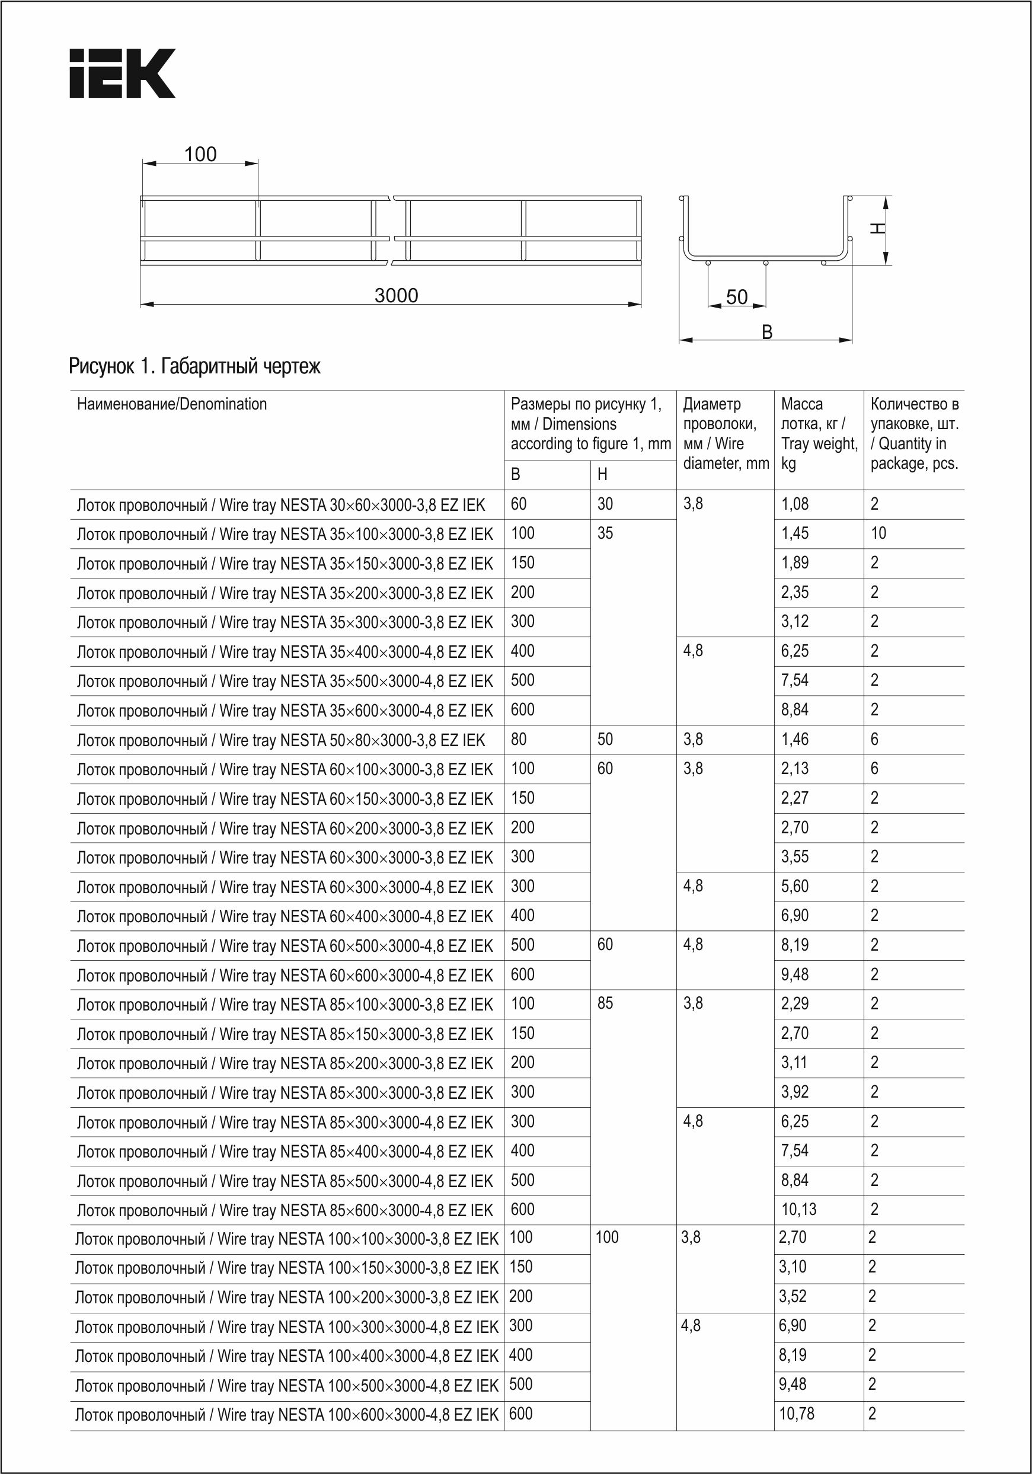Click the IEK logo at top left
coord(122,73)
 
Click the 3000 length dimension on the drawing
coord(396,295)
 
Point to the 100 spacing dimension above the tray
coord(200,154)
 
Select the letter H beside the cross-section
coord(877,228)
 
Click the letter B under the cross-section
coord(767,332)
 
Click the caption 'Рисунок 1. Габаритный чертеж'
coord(194,367)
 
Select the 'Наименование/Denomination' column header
coord(171,404)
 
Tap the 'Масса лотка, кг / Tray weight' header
coord(819,433)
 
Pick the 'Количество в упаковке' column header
coord(915,433)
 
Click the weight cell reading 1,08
coord(794,504)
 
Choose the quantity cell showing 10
coord(878,533)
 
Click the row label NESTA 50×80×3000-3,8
coord(280,740)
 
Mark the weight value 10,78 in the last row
coord(796,1414)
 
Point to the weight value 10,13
coord(798,1210)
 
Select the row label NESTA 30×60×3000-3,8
coord(280,504)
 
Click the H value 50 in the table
coord(605,739)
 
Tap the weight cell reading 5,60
coord(794,886)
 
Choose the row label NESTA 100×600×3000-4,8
coord(286,1414)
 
